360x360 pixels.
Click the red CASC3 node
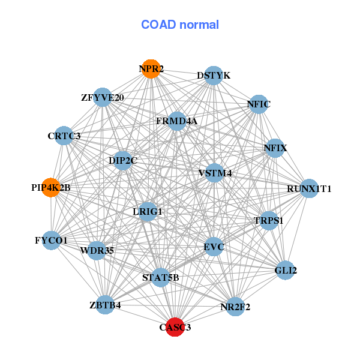click(175, 327)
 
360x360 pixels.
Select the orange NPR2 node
click(151, 69)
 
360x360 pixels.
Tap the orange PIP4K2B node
click(51, 187)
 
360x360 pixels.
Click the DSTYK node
click(214, 76)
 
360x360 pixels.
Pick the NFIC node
click(259, 104)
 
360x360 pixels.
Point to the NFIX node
click(275, 148)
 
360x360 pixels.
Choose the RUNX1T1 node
click(309, 188)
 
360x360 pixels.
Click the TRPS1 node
click(268, 220)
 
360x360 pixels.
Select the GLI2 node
click(286, 271)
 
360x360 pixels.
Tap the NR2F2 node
click(235, 307)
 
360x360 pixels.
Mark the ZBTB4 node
click(106, 305)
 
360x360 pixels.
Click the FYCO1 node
click(51, 241)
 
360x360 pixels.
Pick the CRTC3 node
click(64, 136)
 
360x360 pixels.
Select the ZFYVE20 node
click(103, 97)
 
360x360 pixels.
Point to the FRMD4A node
click(176, 121)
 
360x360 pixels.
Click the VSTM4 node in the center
click(215, 173)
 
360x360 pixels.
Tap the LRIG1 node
click(148, 212)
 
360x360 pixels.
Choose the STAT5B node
click(161, 277)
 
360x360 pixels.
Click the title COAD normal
click(180, 25)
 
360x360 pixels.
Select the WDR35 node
click(97, 250)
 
